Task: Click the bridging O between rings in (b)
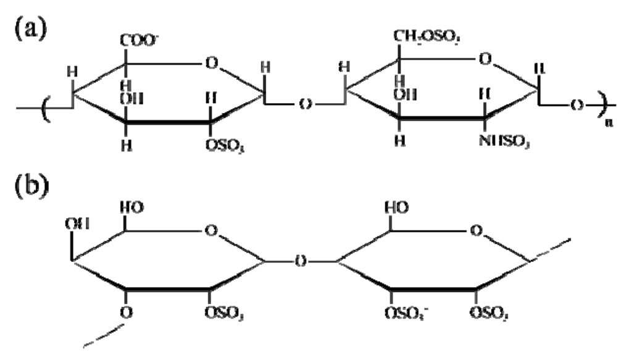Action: point(302,261)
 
